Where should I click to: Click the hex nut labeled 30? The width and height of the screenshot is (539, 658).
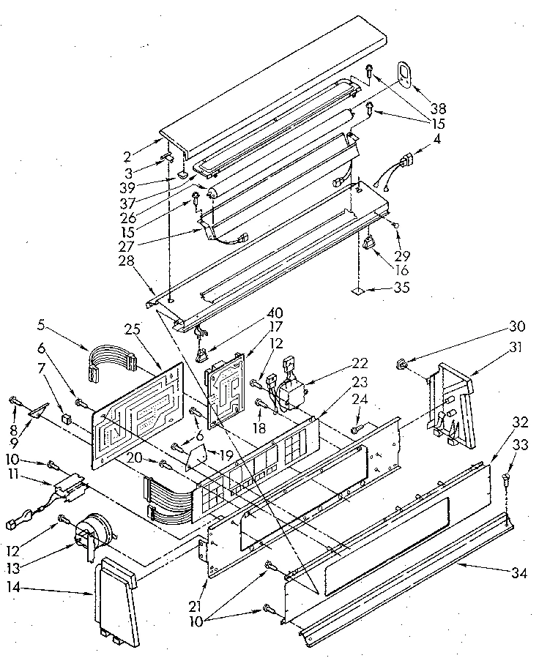[x=402, y=362]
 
